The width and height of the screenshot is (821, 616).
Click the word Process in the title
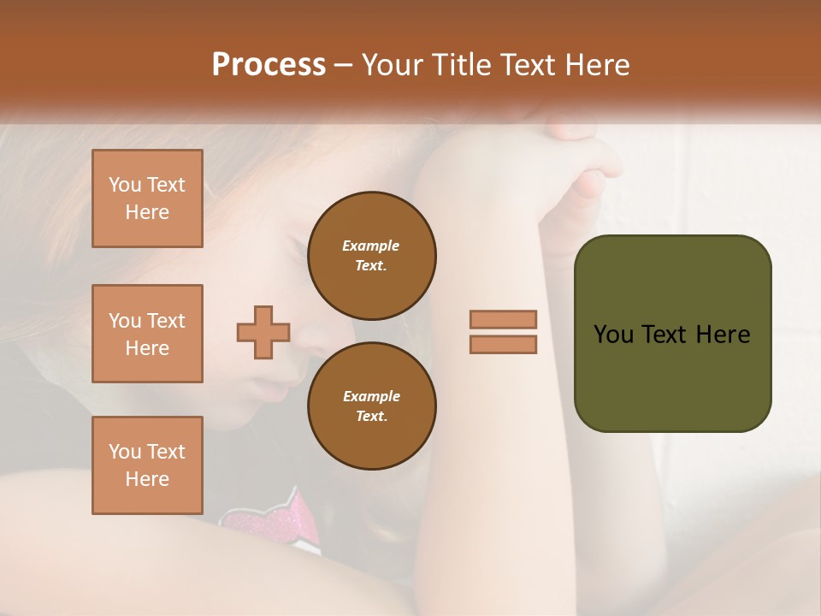269,65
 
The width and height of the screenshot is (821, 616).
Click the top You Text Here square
147,198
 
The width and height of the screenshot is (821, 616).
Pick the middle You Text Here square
147,334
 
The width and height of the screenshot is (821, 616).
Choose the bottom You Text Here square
147,465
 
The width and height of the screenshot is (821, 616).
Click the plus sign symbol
263,332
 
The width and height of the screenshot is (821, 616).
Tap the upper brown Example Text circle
372,256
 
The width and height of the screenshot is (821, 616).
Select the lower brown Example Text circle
372,406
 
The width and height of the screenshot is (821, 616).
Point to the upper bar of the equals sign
503,320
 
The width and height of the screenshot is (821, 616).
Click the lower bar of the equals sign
503,344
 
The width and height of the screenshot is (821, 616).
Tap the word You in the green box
613,335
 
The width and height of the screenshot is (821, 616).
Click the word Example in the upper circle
371,246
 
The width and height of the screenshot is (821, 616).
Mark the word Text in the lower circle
371,417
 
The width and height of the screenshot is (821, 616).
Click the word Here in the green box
724,335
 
